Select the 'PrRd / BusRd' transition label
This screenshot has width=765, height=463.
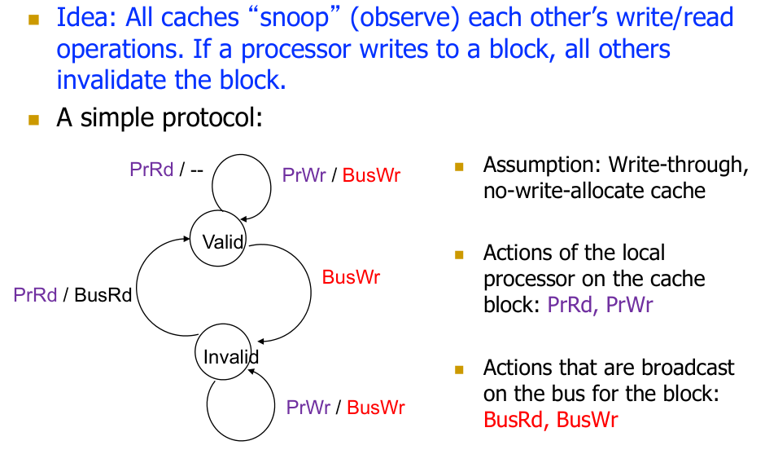tap(72, 294)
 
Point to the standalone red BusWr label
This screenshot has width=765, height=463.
tap(351, 277)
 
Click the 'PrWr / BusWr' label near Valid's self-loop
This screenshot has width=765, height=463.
tap(341, 175)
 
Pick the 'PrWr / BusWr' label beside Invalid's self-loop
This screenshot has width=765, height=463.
tap(345, 408)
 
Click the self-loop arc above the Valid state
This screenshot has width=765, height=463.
tap(242, 161)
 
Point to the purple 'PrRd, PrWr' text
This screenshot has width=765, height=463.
tap(600, 305)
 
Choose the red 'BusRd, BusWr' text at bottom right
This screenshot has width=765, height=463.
tap(550, 420)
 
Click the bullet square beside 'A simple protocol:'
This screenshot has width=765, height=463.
tap(33, 119)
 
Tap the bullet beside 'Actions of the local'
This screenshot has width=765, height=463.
tap(459, 254)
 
